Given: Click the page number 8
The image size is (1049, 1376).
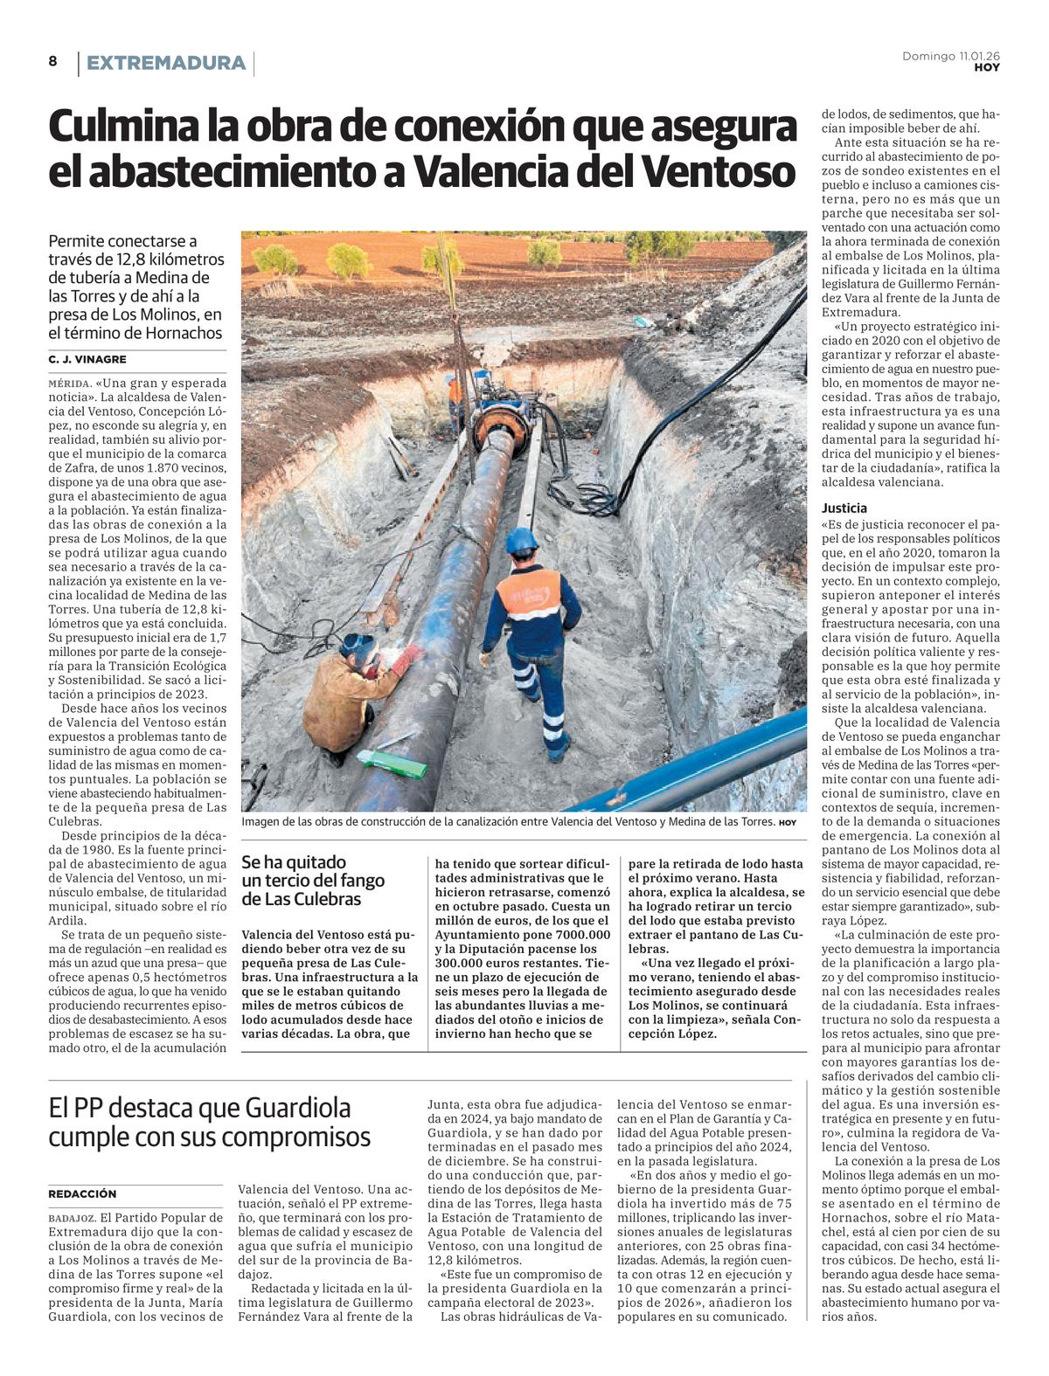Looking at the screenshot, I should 52,61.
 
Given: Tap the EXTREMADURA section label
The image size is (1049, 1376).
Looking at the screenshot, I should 166,63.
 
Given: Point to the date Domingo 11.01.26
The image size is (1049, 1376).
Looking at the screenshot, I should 951,56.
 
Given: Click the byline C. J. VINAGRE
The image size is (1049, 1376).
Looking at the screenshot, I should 87,359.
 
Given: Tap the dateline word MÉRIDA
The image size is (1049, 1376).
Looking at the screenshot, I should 69,383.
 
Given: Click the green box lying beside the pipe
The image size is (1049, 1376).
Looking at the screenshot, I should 392,765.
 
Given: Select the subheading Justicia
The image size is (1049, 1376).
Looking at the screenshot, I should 844,508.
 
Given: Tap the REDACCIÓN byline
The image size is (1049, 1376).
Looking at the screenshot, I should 82,1193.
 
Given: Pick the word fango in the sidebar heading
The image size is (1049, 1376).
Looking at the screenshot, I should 360,881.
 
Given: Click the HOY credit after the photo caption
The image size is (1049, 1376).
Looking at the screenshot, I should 788,822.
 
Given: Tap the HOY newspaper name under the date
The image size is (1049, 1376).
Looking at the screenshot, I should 987,67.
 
